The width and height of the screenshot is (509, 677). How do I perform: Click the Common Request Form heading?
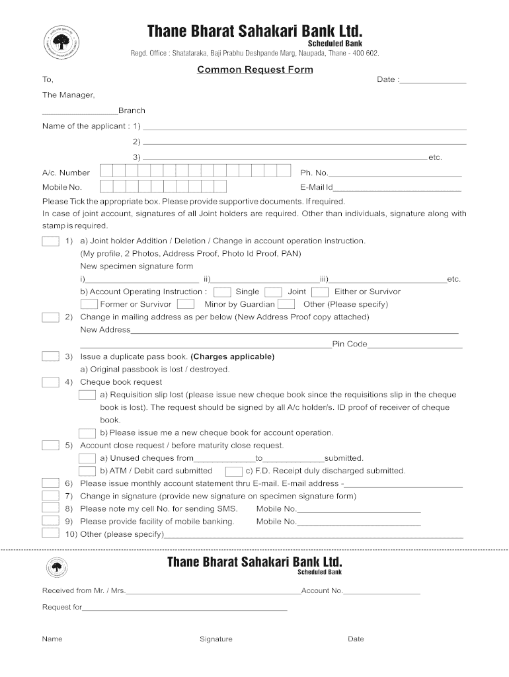point(255,69)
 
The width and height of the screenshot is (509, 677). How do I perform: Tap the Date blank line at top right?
point(433,81)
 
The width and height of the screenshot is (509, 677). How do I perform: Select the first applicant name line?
point(304,128)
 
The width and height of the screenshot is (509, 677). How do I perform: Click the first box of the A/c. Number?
point(105,171)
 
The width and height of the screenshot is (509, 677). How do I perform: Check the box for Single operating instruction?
point(223,292)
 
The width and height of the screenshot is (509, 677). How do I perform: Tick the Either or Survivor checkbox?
point(320,292)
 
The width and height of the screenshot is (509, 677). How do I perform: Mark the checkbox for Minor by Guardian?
point(186,304)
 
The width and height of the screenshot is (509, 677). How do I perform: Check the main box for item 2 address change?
point(51,317)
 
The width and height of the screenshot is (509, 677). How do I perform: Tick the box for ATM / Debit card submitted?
point(88,471)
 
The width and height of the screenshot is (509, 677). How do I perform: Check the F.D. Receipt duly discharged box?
point(233,471)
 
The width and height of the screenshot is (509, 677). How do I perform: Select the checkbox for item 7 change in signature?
point(51,496)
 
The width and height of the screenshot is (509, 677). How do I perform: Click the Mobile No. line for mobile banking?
point(359,524)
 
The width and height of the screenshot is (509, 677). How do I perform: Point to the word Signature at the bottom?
point(216,639)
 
